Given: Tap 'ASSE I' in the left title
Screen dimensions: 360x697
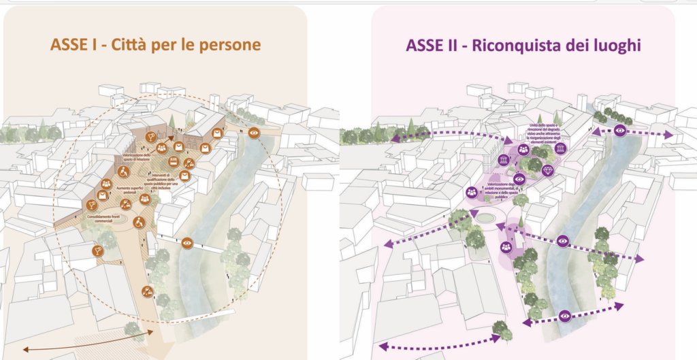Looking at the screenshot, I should point(70,45).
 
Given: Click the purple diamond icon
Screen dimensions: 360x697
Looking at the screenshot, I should point(548,169).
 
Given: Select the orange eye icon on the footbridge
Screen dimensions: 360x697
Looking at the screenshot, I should point(188,242).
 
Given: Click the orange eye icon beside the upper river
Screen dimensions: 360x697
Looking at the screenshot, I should point(254,133).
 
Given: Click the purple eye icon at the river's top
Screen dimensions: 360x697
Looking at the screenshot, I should point(619,129).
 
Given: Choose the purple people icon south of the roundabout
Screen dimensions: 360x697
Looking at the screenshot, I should point(507,248).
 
